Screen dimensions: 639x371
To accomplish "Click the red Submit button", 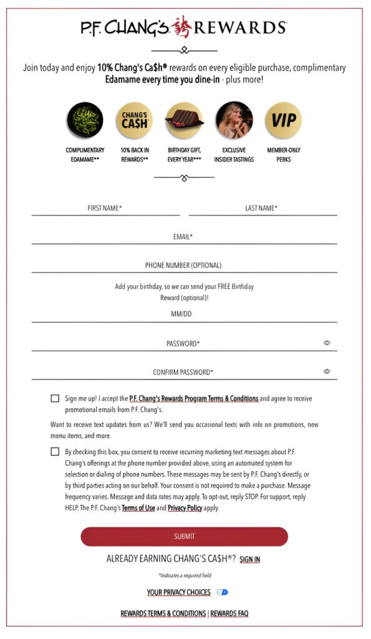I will (184, 536).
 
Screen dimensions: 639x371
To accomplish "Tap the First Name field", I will (105, 208).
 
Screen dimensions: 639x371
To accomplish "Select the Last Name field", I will (262, 208).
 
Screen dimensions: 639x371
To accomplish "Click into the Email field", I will (183, 237).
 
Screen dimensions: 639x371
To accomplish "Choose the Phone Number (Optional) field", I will (183, 265).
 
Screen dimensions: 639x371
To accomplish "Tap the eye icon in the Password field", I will (327, 343).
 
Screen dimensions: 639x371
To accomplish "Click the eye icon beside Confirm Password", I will (327, 371).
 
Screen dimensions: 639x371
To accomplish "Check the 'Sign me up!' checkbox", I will (55, 398).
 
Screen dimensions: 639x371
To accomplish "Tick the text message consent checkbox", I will (55, 452).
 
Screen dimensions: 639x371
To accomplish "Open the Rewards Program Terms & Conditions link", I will (193, 398).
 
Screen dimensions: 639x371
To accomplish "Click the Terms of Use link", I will (138, 509).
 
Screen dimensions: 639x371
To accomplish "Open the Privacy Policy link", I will (185, 509).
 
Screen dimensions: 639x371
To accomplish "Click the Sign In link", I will (249, 560).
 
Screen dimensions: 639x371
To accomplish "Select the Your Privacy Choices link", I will (178, 592).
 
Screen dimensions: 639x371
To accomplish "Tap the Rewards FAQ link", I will (229, 613).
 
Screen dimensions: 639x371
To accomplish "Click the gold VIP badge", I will (283, 120).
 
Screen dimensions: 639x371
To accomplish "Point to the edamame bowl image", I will (85, 120).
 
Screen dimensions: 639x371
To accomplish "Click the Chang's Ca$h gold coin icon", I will (134, 120).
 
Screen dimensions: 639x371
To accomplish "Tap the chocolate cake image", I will (184, 120).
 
